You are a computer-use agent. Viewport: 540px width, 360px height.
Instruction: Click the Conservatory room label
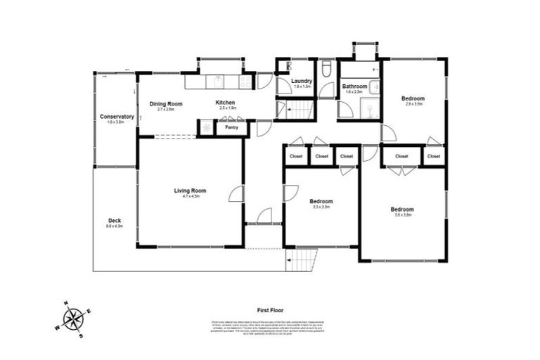coord(117,116)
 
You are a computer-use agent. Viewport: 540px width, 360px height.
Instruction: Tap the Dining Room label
coord(166,103)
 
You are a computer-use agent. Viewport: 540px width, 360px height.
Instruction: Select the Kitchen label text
coord(225,103)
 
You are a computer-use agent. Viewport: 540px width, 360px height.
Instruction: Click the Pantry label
coord(231,128)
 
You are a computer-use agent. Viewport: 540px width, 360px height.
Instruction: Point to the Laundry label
coord(302,81)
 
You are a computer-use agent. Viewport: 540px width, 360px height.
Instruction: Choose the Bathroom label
coord(354,86)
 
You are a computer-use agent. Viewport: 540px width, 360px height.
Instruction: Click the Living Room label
coord(190,190)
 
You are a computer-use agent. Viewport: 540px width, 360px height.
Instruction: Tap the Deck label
coord(114,220)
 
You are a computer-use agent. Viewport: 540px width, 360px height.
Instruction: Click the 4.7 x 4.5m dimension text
coord(190,196)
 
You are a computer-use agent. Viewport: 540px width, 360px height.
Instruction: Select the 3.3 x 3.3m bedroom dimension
coord(321,207)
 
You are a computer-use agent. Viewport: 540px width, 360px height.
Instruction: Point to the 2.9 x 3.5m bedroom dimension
coord(413,104)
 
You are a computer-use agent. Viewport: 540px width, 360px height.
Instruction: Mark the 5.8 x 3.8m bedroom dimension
coord(402,215)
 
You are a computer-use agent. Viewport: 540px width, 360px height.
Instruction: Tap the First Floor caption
coord(270,309)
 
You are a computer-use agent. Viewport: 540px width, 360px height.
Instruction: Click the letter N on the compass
coord(66,304)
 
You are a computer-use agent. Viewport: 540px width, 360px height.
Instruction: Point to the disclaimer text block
coord(270,326)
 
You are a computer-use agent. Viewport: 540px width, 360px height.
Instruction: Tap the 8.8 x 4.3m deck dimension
coord(114,226)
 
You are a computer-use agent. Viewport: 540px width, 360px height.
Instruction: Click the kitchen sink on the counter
coord(219,81)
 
